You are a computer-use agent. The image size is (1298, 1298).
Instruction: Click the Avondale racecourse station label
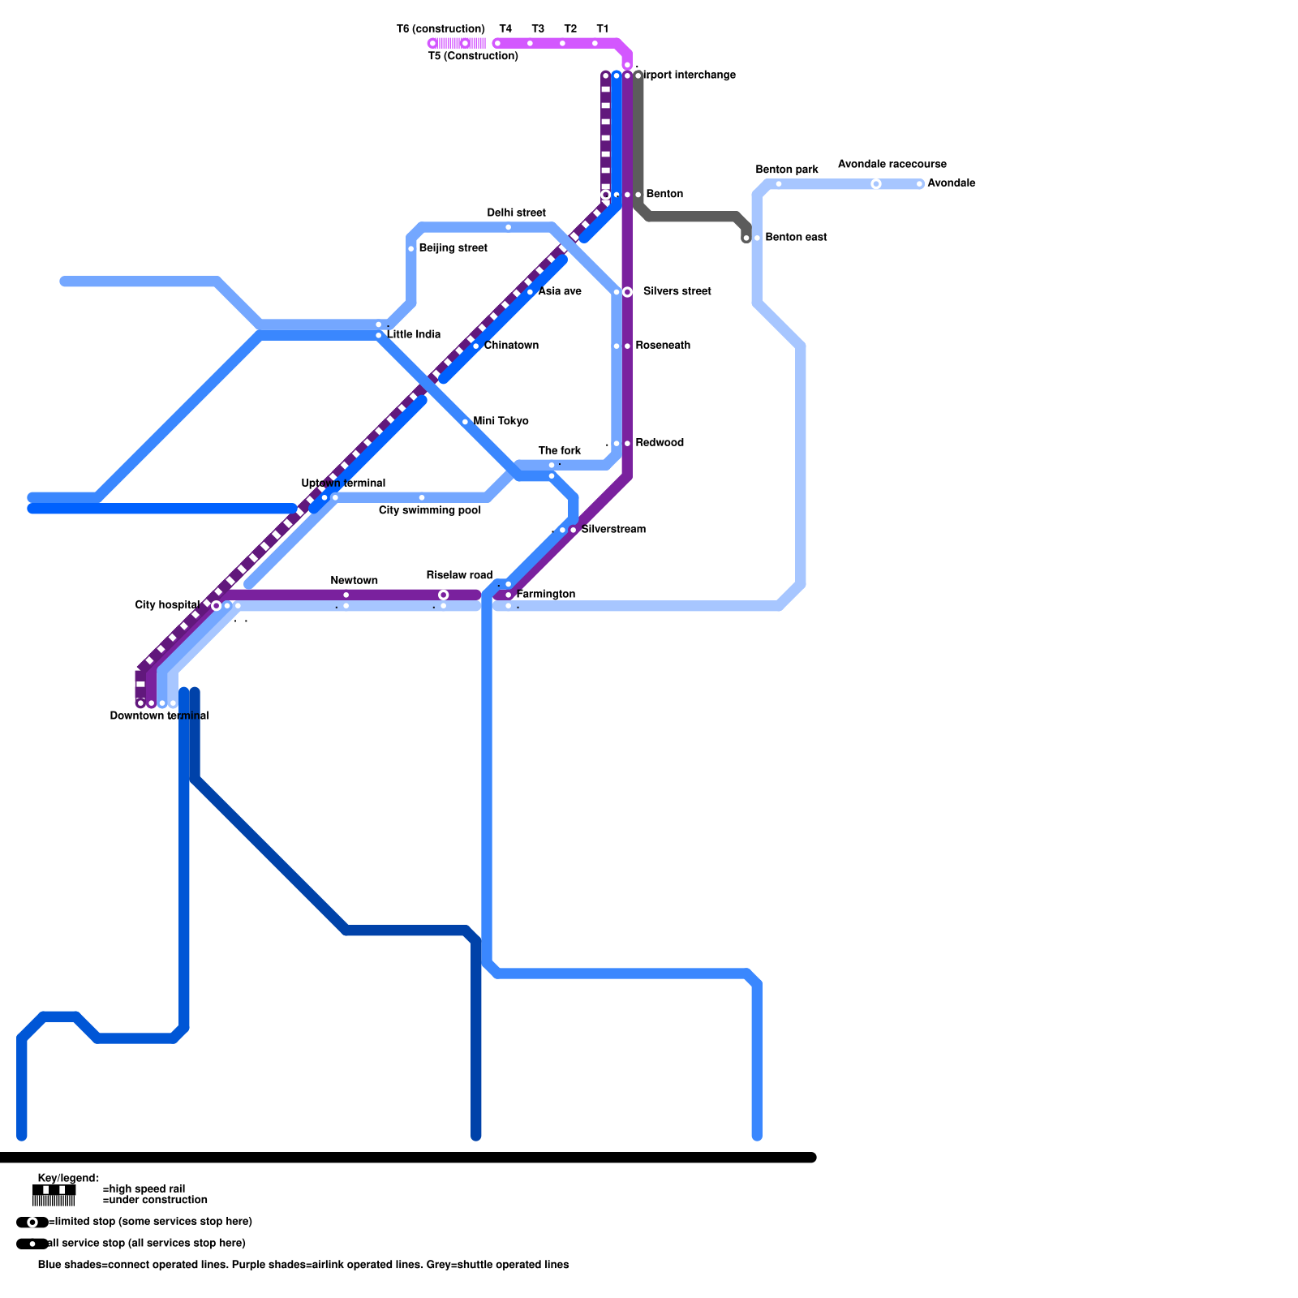pos(892,164)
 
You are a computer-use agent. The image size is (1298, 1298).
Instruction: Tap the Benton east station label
pos(796,238)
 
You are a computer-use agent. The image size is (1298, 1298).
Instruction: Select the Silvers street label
pos(677,291)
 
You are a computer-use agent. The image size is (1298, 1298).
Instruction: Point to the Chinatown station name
pos(511,346)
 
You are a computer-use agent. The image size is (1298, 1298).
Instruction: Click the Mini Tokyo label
pos(501,421)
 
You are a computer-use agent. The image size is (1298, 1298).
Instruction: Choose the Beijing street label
pos(453,248)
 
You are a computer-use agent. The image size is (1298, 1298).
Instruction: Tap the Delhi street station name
pos(516,213)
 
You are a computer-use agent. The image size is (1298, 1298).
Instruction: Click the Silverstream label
pos(613,530)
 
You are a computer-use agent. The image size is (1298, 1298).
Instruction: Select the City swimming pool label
pos(430,510)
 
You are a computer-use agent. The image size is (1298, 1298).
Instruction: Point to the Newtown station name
pos(354,581)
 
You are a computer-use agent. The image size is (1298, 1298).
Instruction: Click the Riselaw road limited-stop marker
pos(443,595)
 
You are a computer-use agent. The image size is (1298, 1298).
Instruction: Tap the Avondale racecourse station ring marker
pos(876,184)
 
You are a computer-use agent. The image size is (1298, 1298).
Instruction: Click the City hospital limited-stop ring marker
pos(216,605)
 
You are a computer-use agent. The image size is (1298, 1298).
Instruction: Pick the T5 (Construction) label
pos(473,56)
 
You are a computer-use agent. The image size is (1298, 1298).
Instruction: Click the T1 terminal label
pos(602,29)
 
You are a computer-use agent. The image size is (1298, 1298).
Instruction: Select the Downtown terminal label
pos(159,716)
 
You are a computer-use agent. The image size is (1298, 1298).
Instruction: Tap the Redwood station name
pos(660,443)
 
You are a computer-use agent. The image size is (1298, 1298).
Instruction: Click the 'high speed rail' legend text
pos(144,1188)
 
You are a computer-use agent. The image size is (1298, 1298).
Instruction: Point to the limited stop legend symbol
pos(32,1223)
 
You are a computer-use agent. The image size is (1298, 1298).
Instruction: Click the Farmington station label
pos(546,595)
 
